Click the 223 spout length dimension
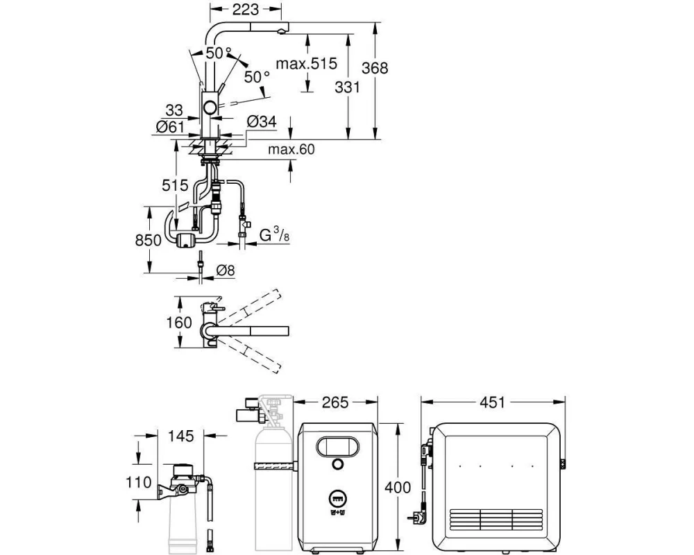point(245,9)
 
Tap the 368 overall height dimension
point(375,68)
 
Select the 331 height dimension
point(347,87)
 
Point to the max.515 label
point(306,64)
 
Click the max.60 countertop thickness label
point(291,150)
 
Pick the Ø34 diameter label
point(262,121)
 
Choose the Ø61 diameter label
point(171,127)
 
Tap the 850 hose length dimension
point(149,240)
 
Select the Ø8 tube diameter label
point(226,270)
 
